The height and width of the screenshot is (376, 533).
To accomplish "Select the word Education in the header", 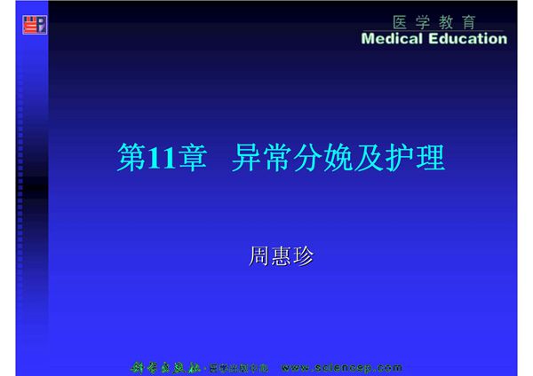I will click(465, 39).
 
